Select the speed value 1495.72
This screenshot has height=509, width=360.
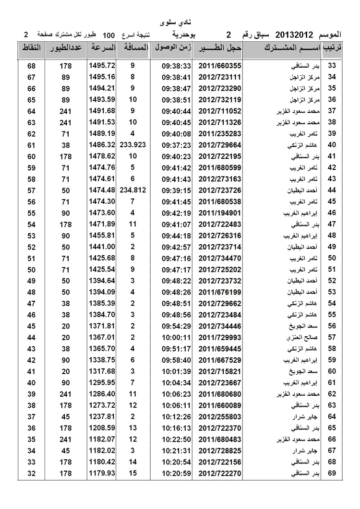click(x=102, y=66)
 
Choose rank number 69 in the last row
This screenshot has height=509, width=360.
click(x=331, y=474)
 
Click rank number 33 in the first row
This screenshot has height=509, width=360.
click(x=331, y=66)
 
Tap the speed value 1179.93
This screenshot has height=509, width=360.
click(x=102, y=474)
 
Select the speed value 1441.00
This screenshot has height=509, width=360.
click(x=102, y=247)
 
